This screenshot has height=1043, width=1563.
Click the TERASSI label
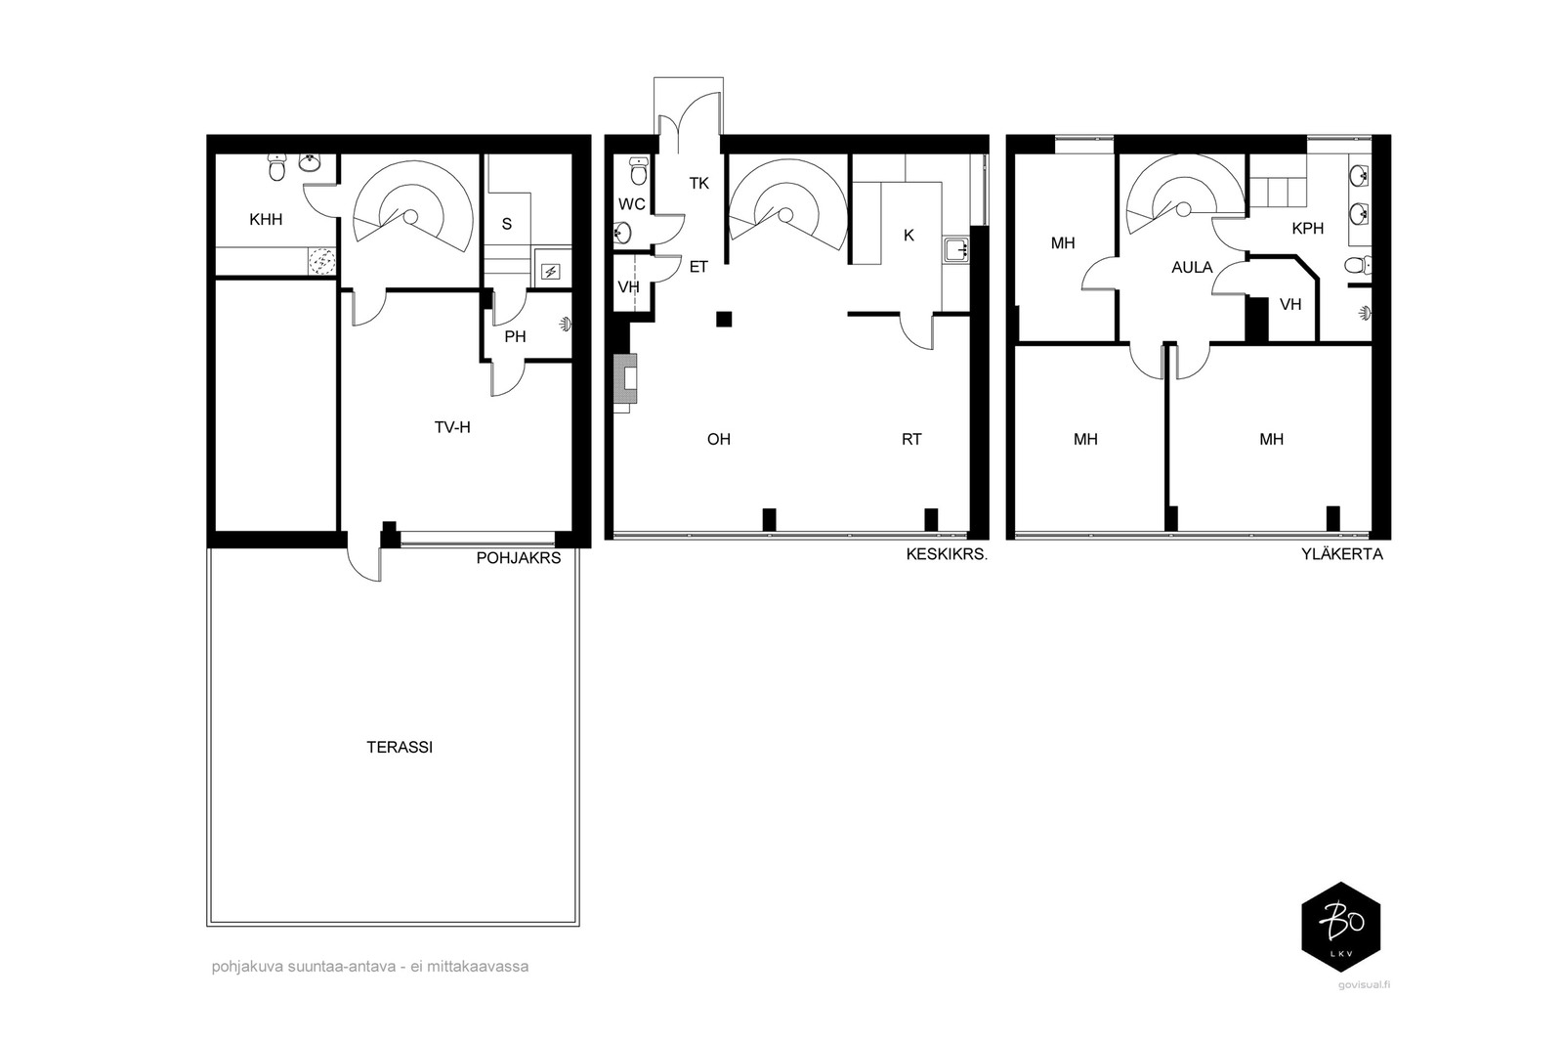coord(400,748)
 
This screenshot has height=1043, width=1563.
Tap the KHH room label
coord(266,220)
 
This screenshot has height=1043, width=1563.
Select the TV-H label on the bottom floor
coord(452,427)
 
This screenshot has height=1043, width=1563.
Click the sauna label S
coord(507,224)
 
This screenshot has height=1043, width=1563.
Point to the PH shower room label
coord(515,337)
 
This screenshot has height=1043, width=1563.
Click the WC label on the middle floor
coord(632,204)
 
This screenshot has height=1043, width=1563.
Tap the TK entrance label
coord(699,184)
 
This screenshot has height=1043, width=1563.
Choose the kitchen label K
coord(908,236)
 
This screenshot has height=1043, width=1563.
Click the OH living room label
coord(719,439)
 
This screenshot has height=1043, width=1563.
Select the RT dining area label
coord(911,439)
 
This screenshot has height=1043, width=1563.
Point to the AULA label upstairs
coord(1192,268)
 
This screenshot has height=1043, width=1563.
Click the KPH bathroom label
coord(1308,229)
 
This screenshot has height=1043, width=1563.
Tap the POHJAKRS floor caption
coord(519,558)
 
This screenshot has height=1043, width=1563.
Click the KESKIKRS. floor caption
coord(947,554)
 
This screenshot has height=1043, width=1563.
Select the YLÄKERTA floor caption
coord(1342,554)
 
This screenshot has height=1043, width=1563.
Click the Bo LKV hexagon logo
coord(1341,927)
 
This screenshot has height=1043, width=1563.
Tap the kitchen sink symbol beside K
coord(956,250)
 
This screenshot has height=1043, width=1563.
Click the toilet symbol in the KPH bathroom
coord(1358,265)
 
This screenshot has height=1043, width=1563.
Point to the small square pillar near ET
coord(724,319)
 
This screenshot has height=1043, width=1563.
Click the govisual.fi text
coord(1364,985)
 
